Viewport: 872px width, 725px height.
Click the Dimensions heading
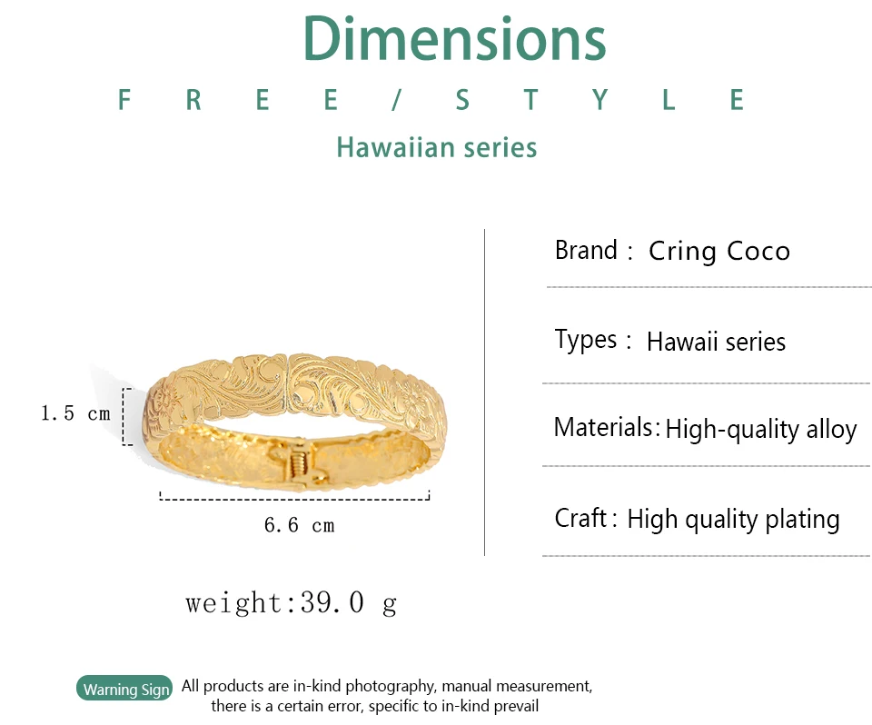click(x=454, y=39)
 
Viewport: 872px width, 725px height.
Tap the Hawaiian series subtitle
click(x=437, y=147)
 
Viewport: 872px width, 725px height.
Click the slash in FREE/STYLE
click(x=396, y=100)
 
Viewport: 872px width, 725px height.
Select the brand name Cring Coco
click(x=719, y=252)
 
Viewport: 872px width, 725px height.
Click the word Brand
click(x=586, y=251)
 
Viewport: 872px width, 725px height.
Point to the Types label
click(x=586, y=340)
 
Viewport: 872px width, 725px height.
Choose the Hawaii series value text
click(x=717, y=342)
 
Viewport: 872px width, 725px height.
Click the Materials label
click(x=603, y=427)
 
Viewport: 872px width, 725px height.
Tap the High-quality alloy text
click(x=761, y=430)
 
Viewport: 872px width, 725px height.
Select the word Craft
click(x=580, y=518)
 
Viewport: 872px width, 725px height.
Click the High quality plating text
click(x=733, y=520)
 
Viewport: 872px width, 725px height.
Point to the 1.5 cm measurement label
click(x=75, y=413)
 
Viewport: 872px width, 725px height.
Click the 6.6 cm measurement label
click(x=299, y=525)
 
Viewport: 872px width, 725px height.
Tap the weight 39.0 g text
click(x=291, y=603)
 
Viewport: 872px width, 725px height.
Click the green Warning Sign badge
click(x=125, y=689)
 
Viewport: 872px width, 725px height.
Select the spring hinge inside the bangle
click(x=298, y=462)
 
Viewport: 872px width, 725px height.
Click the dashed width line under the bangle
click(x=294, y=499)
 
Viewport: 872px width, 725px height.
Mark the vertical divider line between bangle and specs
click(x=484, y=392)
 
